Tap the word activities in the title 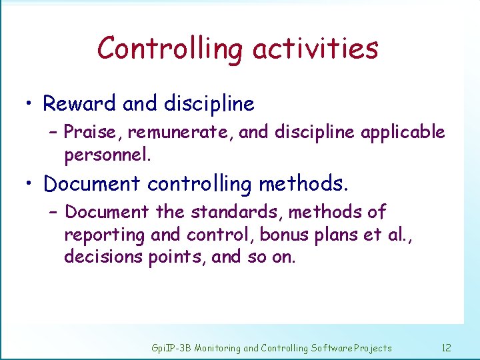316,49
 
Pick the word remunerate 179,133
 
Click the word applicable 403,133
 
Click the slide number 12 446,348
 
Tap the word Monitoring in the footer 217,348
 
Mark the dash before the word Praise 54,133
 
